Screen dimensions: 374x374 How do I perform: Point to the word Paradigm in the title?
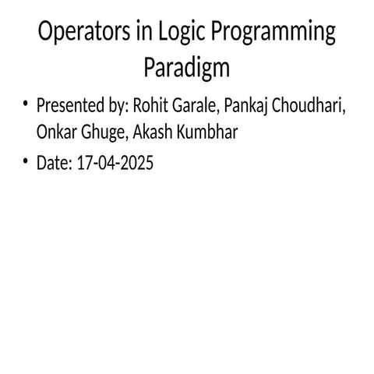(187, 69)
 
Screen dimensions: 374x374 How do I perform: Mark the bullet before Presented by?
(26, 104)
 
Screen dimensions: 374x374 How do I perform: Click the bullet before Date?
(26, 162)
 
